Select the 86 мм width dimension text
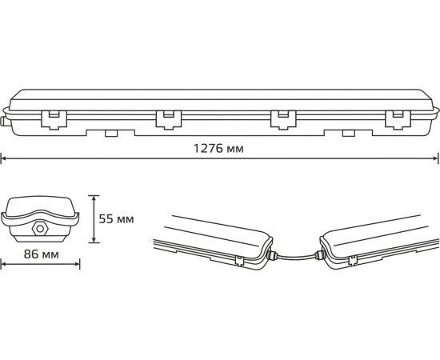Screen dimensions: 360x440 pyautogui.click(x=40, y=254)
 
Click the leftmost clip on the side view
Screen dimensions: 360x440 pyautogui.click(x=52, y=118)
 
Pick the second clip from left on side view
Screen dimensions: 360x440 pyautogui.click(x=166, y=118)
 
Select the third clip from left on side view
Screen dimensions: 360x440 pyautogui.click(x=280, y=118)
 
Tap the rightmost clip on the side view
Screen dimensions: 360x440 pyautogui.click(x=394, y=118)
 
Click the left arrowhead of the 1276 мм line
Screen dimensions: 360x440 pyautogui.click(x=3, y=158)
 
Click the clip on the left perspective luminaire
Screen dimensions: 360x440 pyautogui.click(x=240, y=260)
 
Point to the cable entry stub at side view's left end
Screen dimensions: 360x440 pyautogui.click(x=4, y=122)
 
